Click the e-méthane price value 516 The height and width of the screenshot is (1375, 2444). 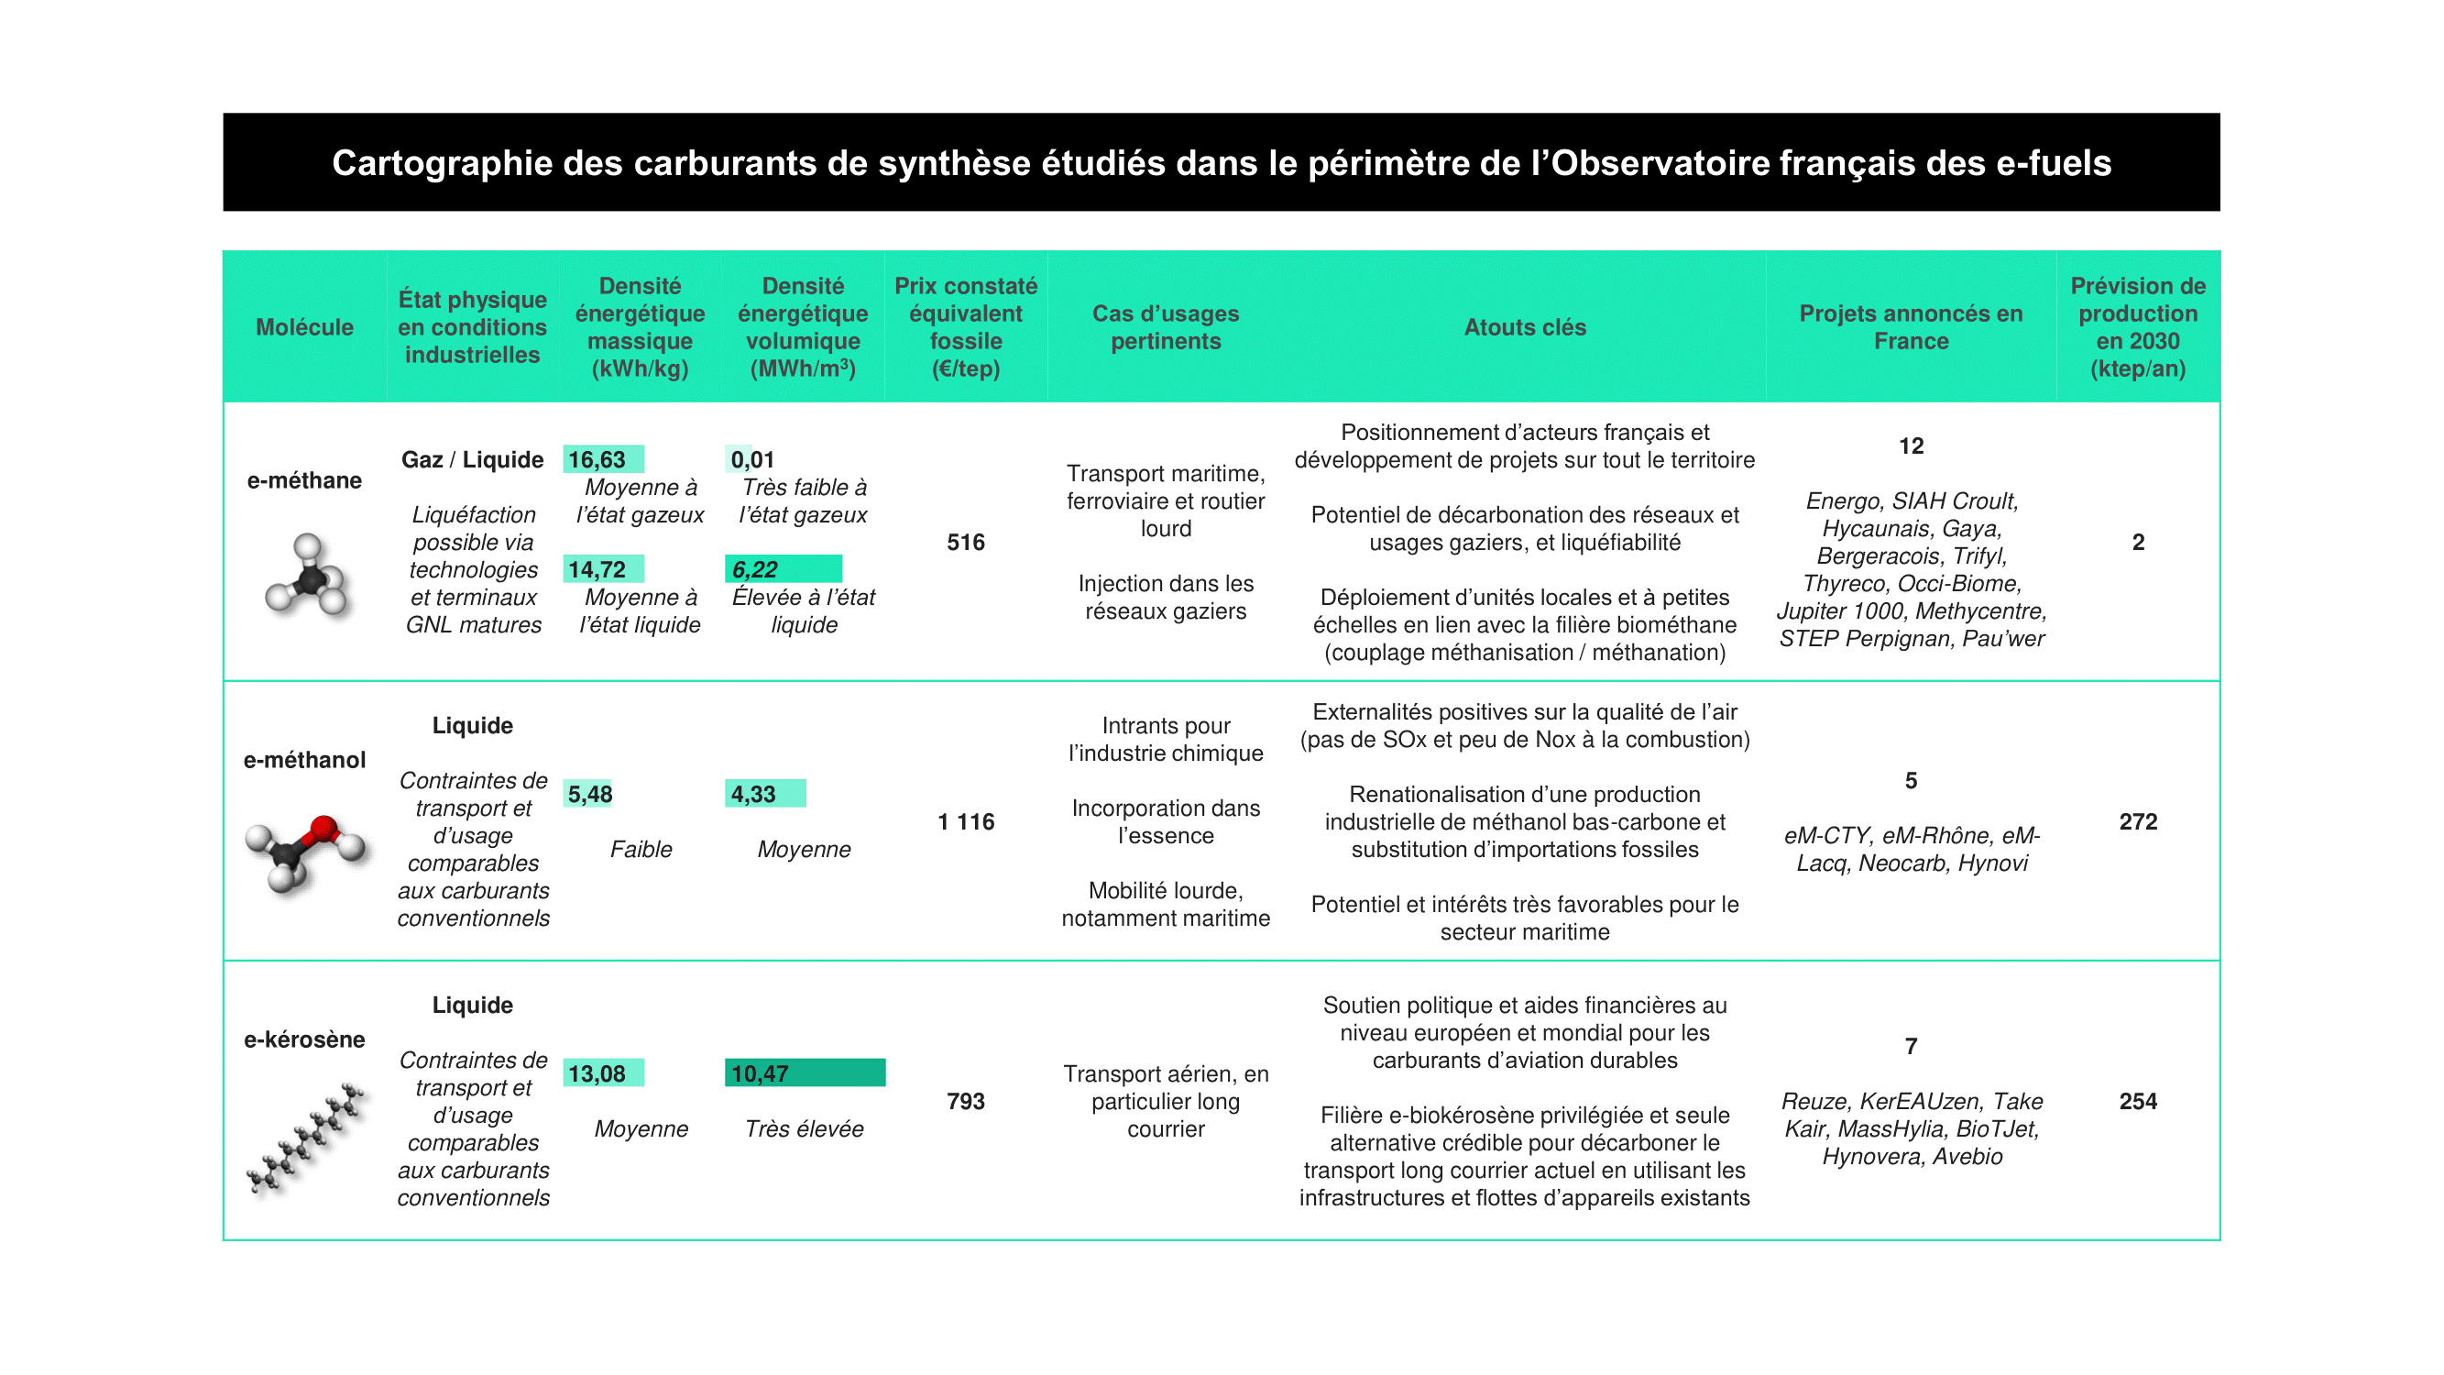click(x=966, y=542)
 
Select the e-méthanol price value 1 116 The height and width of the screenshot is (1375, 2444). click(x=966, y=821)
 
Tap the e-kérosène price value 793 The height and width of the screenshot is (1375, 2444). click(x=966, y=1101)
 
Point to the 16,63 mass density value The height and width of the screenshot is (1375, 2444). click(x=597, y=459)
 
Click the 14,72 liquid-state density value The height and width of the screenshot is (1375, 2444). click(x=597, y=569)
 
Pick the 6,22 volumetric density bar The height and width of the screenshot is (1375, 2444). click(x=783, y=569)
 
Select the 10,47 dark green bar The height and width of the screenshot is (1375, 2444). click(x=805, y=1073)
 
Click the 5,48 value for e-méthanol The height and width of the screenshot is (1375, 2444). click(x=590, y=794)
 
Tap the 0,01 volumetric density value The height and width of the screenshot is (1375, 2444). click(x=752, y=459)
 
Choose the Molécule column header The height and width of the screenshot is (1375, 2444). click(x=304, y=327)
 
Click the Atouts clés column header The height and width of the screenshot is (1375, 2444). click(x=1525, y=327)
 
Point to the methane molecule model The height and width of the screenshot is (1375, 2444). click(x=306, y=575)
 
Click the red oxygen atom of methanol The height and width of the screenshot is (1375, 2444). click(x=323, y=829)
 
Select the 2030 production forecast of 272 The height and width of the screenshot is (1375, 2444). click(x=2138, y=821)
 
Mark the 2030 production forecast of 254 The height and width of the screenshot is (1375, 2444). click(x=2138, y=1101)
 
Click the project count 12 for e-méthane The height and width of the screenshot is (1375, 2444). click(x=1911, y=446)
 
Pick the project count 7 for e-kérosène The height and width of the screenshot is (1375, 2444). click(x=1911, y=1046)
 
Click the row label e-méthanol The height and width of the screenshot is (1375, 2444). click(x=304, y=760)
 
